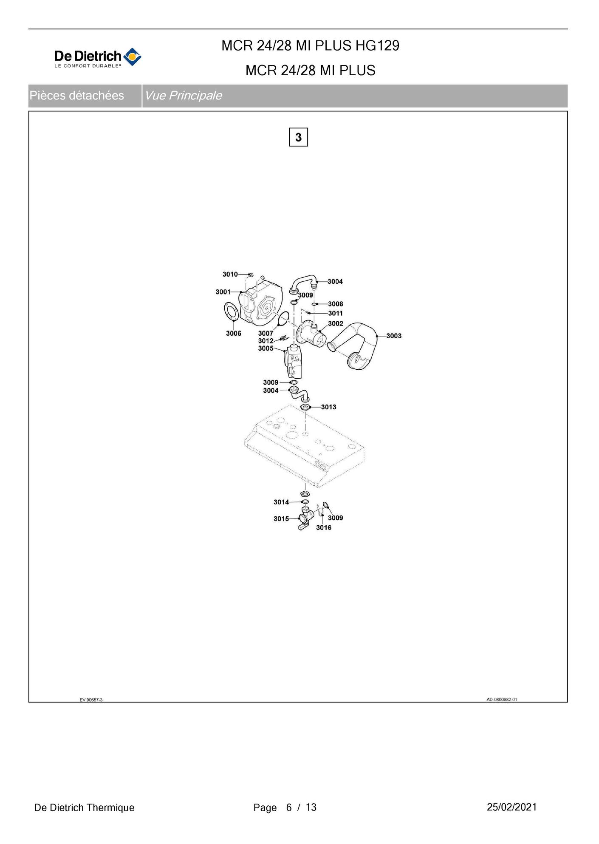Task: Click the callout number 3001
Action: pos(223,292)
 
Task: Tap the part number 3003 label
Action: pos(394,336)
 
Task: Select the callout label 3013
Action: pos(328,407)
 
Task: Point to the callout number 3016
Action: pos(324,527)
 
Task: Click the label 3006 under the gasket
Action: pos(234,333)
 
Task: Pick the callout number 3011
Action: pos(335,313)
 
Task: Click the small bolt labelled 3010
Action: pos(251,275)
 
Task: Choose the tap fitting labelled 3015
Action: pos(305,519)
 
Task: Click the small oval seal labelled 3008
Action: pos(314,304)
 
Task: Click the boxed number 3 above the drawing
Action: pos(298,137)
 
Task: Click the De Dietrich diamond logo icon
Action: pos(132,57)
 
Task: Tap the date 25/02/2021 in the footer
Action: pos(512,807)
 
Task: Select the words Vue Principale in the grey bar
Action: pos(183,96)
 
